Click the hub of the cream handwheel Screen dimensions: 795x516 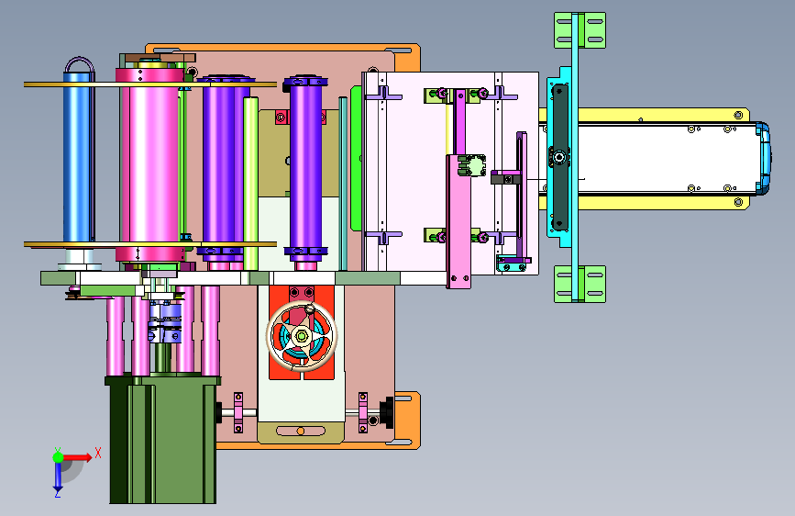(x=301, y=336)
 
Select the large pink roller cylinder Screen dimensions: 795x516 (x=150, y=164)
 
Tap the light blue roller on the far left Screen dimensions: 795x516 (x=78, y=157)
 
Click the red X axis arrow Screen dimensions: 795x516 (x=79, y=457)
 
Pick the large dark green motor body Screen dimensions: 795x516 (x=162, y=440)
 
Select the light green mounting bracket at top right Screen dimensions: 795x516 (x=580, y=30)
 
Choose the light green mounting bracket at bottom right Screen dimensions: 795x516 (x=580, y=284)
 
